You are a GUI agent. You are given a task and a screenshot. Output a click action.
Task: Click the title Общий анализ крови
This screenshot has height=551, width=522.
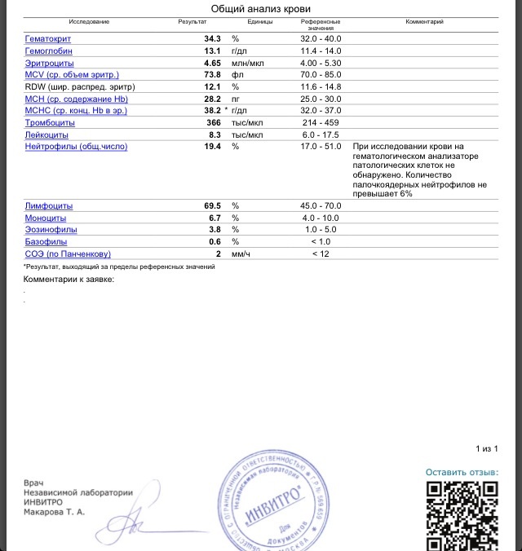coord(260,8)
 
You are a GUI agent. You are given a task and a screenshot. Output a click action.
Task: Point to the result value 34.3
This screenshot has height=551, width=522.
coord(212,38)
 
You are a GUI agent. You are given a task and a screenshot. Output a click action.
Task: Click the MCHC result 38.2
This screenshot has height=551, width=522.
coord(212,110)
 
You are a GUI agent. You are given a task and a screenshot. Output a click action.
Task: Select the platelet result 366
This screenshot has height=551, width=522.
coord(214,122)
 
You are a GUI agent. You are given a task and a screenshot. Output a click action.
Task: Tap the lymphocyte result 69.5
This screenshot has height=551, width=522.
coord(212,206)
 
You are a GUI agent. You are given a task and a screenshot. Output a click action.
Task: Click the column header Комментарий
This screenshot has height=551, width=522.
coord(425,21)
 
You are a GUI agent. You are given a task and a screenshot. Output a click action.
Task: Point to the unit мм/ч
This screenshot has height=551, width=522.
coord(238,253)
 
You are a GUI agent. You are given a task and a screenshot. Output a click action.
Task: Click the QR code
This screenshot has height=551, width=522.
coord(462,516)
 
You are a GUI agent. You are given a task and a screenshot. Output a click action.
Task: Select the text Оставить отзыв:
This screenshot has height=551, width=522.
coord(462,473)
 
